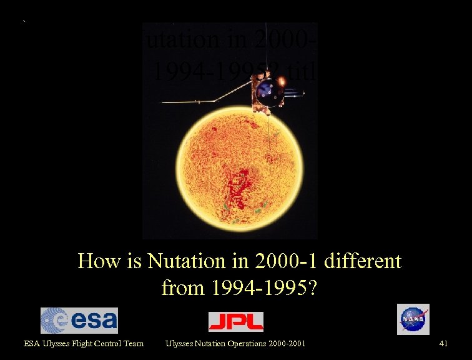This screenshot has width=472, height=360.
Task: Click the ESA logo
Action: tap(79, 321)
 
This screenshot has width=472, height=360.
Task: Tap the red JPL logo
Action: tap(235, 321)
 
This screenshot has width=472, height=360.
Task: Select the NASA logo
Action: tap(413, 319)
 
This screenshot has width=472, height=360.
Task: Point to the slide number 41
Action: tap(444, 343)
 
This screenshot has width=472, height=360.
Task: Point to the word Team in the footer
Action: tap(133, 343)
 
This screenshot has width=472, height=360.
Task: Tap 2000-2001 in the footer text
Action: tap(286, 343)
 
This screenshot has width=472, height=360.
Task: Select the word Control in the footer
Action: tap(107, 343)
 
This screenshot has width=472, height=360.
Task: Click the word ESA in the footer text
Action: tap(31, 343)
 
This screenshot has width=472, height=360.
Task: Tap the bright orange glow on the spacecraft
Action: tap(282, 81)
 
